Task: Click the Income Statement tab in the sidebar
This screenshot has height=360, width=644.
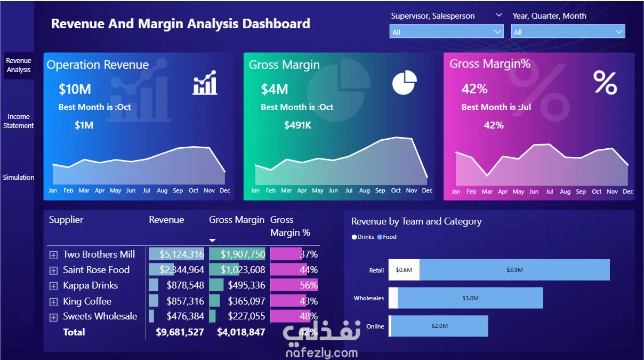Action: tap(19, 121)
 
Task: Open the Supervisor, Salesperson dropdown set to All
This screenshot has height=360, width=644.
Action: tap(446, 32)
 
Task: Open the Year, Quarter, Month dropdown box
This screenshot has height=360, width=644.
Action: tap(568, 32)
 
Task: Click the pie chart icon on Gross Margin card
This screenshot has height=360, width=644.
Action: tap(405, 82)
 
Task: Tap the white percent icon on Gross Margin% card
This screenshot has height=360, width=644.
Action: tap(605, 83)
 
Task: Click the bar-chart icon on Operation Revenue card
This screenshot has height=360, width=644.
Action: tap(205, 83)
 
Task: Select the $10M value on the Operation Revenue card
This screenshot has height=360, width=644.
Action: tap(75, 89)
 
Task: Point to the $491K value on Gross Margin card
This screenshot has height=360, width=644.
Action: tap(297, 125)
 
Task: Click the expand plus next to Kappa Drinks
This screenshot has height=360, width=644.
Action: tap(53, 286)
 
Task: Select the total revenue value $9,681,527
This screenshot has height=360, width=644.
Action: tap(180, 332)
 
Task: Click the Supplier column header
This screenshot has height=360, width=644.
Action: tap(66, 220)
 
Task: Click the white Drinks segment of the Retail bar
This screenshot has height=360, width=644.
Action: tap(404, 270)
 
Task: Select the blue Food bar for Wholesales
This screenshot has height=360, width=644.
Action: tap(470, 298)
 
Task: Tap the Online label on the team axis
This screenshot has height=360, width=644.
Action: tap(375, 326)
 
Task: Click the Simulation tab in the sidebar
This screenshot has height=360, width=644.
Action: tap(19, 177)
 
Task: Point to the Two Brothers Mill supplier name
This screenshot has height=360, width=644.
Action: tap(99, 254)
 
